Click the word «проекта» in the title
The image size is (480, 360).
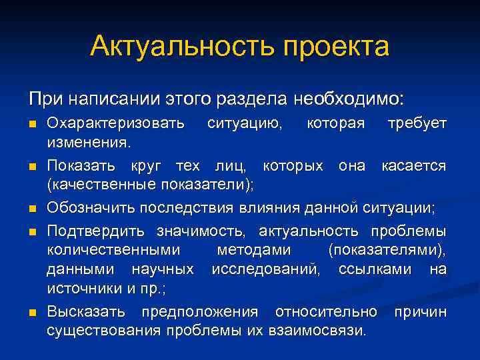pos(336,47)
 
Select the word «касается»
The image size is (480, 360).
pos(413,165)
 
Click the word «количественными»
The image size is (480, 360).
pos(114,250)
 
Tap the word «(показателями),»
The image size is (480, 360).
pos(387,250)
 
